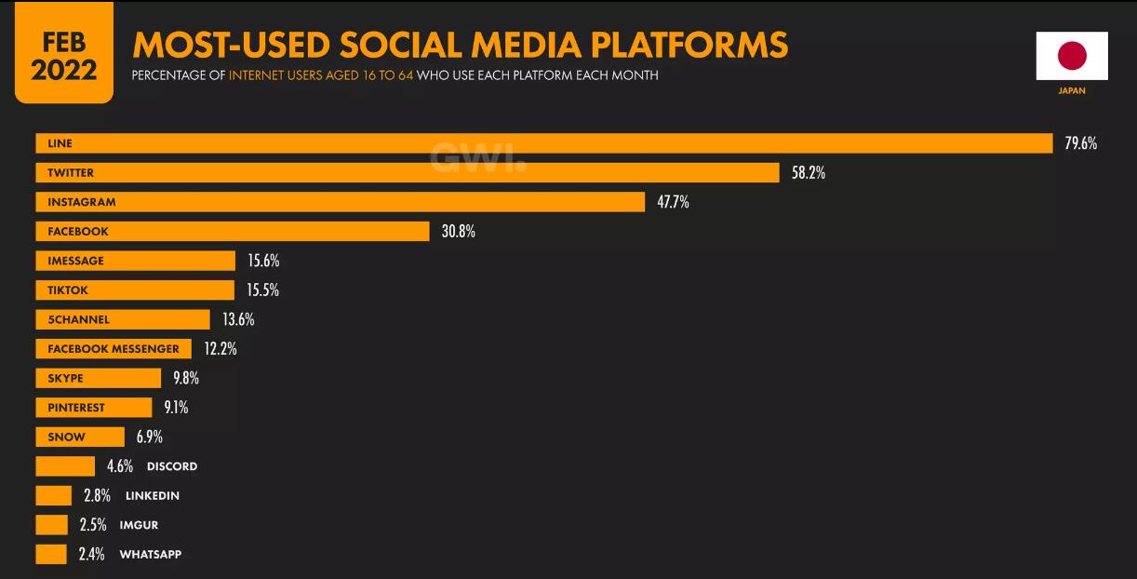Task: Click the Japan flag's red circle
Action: [x=1072, y=56]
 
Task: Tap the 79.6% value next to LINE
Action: [x=1081, y=143]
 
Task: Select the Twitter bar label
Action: [x=71, y=173]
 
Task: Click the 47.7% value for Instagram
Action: [x=673, y=202]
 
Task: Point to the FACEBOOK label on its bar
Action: [x=78, y=232]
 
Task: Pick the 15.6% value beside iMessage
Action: [x=263, y=261]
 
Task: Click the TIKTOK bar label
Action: [x=68, y=290]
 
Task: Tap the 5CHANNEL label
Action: [x=78, y=319]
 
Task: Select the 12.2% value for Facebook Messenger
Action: [x=221, y=349]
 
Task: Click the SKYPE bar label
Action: [x=65, y=378]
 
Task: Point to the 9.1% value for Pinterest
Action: [x=176, y=407]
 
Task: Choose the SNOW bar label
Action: [x=66, y=437]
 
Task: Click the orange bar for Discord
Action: [x=65, y=466]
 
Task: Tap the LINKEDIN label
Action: [x=153, y=496]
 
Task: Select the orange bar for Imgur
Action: [x=52, y=525]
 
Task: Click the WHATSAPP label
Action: [x=151, y=555]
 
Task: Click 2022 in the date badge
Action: [x=63, y=71]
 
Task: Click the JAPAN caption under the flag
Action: [x=1072, y=91]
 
